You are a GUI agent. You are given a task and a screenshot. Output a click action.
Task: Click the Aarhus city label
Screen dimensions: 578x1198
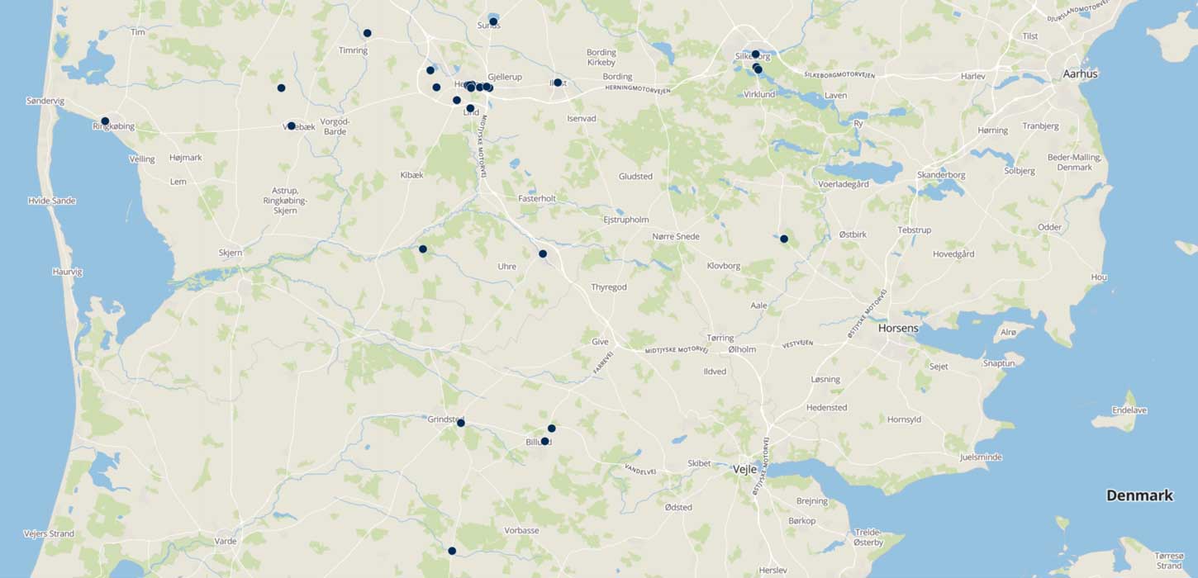tap(1080, 73)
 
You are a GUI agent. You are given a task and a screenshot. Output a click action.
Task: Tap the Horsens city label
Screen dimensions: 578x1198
tap(898, 328)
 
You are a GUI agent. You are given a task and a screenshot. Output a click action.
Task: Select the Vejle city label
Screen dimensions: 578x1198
tap(745, 469)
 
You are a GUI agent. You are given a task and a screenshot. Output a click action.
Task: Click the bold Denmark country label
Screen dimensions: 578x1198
tap(1139, 495)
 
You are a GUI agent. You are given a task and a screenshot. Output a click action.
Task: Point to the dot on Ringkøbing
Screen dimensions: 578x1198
tap(105, 121)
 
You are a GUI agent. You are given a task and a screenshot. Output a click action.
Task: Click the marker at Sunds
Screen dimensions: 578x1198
tap(493, 21)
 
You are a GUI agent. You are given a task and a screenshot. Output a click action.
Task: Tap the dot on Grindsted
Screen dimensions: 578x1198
tap(461, 424)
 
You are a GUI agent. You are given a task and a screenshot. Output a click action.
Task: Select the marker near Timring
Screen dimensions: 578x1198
tap(367, 33)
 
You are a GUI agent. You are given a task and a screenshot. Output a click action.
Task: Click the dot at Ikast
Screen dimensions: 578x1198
tap(558, 83)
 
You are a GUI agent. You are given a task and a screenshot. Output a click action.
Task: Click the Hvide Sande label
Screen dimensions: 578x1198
tap(51, 201)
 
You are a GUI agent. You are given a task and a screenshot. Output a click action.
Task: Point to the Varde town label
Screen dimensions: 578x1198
tap(226, 541)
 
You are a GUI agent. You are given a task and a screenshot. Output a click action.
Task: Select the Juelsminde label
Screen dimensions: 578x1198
tap(981, 457)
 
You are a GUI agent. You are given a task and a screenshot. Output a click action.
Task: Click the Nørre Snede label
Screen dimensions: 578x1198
tap(676, 236)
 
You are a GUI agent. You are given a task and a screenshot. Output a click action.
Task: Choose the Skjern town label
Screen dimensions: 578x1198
tap(231, 253)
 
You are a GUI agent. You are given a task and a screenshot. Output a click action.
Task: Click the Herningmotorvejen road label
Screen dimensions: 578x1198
tap(637, 88)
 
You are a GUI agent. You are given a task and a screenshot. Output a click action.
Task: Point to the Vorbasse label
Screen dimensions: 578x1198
tap(521, 530)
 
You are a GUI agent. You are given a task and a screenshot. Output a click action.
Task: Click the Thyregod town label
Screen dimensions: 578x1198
tap(609, 287)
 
